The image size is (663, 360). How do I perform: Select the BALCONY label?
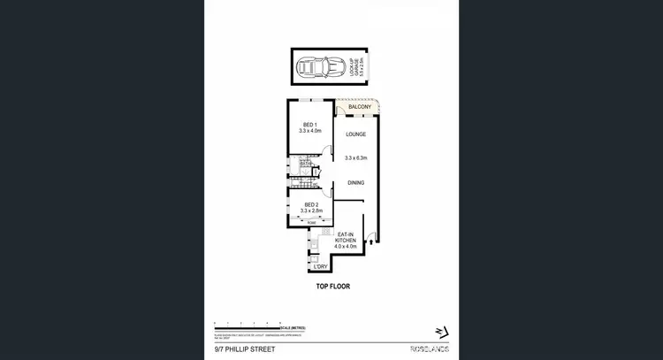click(359, 107)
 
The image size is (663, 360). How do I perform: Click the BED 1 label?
click(309, 125)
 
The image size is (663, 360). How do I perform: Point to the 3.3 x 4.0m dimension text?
click(309, 132)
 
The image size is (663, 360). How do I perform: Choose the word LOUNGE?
click(355, 135)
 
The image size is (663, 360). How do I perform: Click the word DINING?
click(355, 183)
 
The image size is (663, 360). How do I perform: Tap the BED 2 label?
click(309, 203)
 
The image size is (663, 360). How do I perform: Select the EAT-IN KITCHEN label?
click(347, 237)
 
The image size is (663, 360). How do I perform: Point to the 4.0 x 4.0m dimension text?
click(347, 247)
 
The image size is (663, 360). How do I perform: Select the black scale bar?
click(248, 326)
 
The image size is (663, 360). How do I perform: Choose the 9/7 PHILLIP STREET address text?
click(244, 350)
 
